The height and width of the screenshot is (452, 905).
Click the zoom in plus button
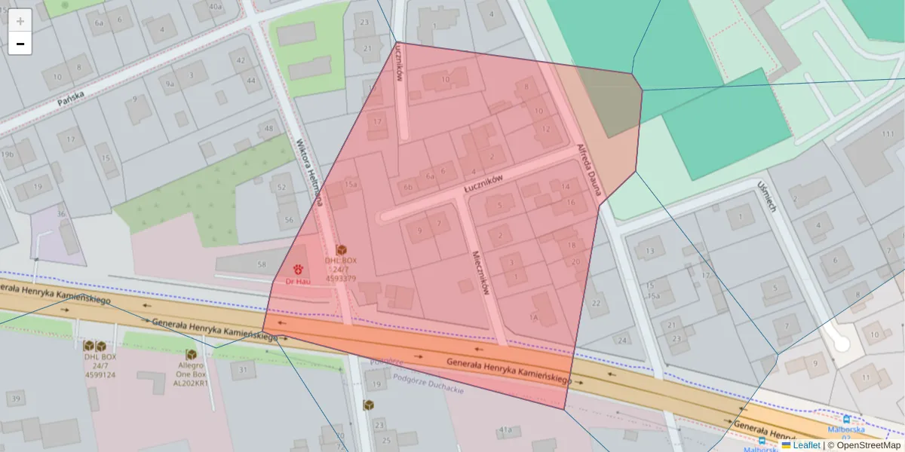click(20, 20)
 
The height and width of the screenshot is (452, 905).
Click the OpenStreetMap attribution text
click(864, 445)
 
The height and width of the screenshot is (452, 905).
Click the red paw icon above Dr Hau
click(298, 269)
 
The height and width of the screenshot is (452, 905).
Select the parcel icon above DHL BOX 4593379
click(341, 249)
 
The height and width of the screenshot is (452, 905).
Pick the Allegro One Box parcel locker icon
click(191, 354)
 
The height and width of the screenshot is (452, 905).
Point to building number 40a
click(216, 7)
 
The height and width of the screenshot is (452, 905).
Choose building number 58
click(262, 264)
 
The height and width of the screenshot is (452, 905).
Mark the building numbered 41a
click(505, 430)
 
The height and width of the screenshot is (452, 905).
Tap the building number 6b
click(409, 188)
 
